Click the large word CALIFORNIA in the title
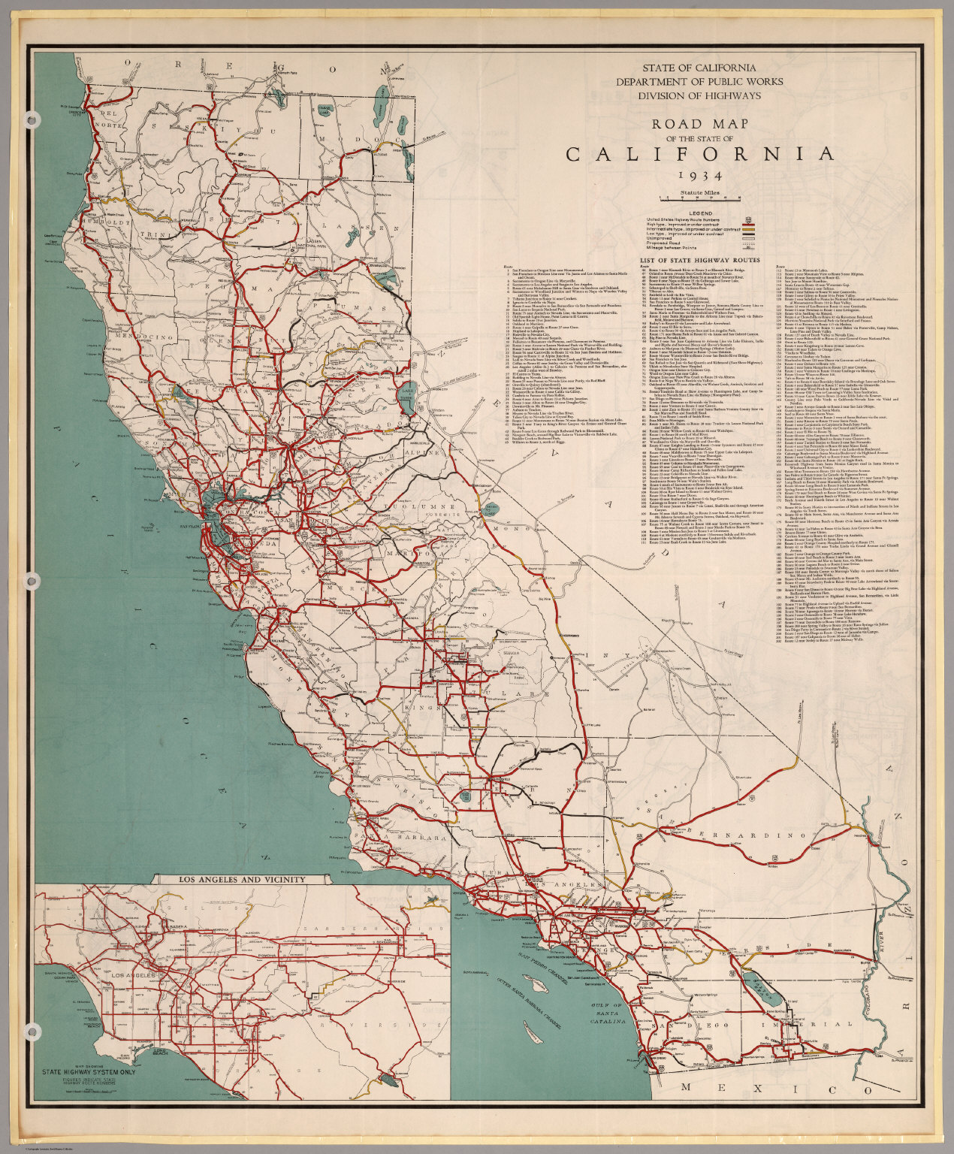pyautogui.click(x=699, y=154)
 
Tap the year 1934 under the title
pyautogui.click(x=699, y=177)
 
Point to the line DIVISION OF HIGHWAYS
pyautogui.click(x=699, y=95)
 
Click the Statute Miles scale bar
pyautogui.click(x=699, y=198)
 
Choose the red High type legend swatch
pyautogui.click(x=747, y=223)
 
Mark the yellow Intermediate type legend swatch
pyautogui.click(x=747, y=229)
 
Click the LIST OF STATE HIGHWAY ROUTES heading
pyautogui.click(x=699, y=260)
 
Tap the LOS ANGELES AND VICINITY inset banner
pyautogui.click(x=241, y=879)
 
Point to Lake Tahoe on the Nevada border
pyautogui.click(x=409, y=393)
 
